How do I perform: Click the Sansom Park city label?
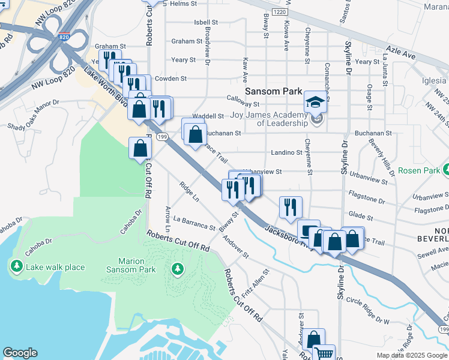[275, 92]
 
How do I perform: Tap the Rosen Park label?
[420, 170]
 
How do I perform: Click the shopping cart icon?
[324, 353]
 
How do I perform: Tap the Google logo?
[20, 353]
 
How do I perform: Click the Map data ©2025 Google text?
[412, 355]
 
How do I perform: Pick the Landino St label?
[286, 152]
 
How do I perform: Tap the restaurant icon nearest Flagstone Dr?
[291, 208]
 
